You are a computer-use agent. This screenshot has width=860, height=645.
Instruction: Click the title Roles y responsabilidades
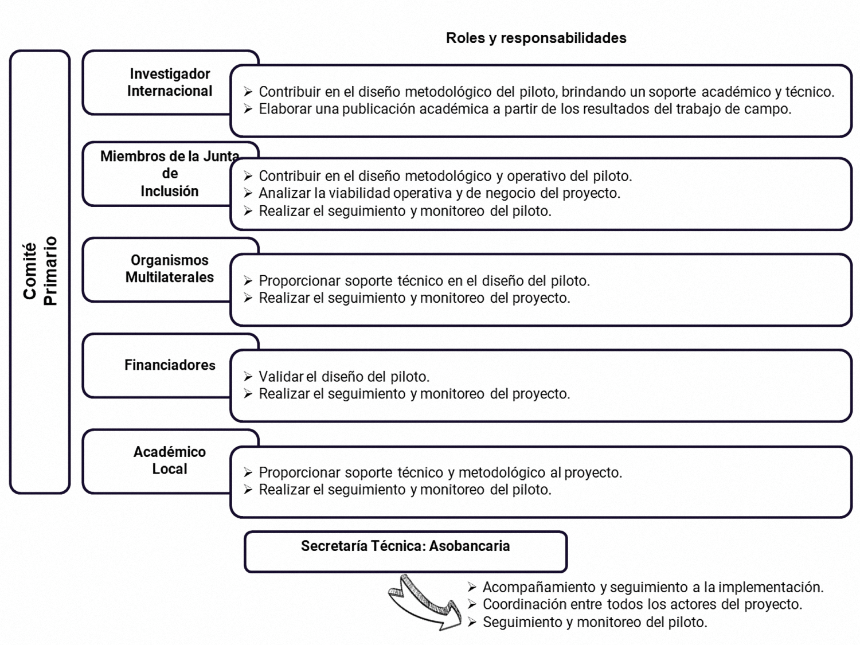click(536, 38)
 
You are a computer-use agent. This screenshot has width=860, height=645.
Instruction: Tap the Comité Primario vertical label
click(40, 271)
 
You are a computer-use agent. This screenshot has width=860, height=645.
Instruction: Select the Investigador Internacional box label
click(170, 82)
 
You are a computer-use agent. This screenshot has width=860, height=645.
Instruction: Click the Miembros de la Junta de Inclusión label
click(170, 174)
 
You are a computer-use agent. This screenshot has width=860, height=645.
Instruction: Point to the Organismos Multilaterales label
click(170, 269)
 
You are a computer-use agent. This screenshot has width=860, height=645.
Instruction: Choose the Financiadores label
click(170, 365)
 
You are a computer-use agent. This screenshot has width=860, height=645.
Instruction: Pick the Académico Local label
click(170, 460)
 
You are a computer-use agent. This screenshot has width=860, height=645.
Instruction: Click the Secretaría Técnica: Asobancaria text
click(405, 546)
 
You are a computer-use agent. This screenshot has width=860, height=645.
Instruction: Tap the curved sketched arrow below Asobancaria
click(425, 603)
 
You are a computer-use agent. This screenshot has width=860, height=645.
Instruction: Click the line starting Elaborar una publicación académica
click(525, 109)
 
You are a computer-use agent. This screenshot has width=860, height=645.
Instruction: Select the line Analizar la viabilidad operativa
click(440, 193)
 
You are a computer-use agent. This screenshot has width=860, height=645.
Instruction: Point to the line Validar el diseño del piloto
click(344, 377)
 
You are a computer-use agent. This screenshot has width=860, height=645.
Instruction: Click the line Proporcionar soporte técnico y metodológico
click(440, 472)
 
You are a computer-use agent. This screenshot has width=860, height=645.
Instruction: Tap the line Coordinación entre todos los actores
click(643, 604)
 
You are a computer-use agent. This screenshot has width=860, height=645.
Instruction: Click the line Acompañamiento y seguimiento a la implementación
click(653, 587)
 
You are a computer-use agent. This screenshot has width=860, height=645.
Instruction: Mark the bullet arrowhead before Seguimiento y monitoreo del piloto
click(472, 621)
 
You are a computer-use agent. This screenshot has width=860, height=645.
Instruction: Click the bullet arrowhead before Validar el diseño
click(248, 376)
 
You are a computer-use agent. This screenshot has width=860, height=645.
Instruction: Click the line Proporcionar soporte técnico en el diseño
click(424, 281)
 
